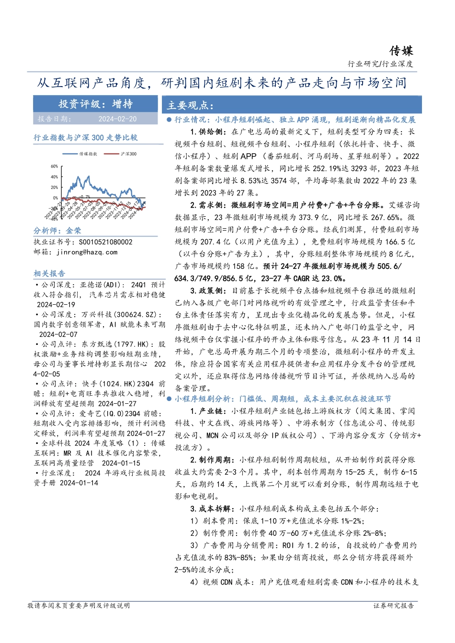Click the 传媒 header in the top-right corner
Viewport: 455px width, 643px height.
point(400,51)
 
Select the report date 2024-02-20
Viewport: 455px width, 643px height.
point(117,119)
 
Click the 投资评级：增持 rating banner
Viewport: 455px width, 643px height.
point(95,104)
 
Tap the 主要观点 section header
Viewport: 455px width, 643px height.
point(190,106)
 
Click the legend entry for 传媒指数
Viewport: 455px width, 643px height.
point(88,154)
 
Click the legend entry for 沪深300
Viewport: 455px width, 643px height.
point(128,154)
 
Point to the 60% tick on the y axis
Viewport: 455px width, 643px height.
point(54,166)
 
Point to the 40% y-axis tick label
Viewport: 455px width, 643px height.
point(54,177)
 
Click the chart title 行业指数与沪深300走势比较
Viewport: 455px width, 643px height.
point(85,138)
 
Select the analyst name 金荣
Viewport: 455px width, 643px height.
point(74,231)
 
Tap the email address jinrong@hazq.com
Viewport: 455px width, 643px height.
point(87,252)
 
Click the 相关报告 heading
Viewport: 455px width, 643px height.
point(49,274)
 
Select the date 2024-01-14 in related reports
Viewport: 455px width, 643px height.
point(79,483)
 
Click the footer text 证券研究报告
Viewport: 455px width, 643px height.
point(393,606)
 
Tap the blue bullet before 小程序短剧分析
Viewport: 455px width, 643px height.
point(169,399)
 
